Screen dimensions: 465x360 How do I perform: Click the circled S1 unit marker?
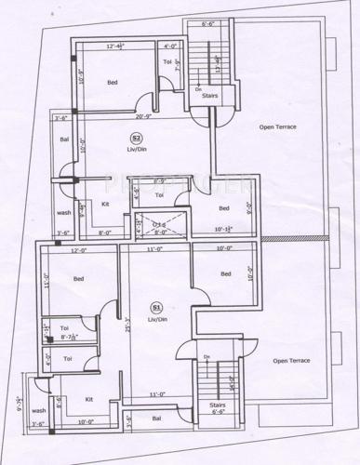(156, 307)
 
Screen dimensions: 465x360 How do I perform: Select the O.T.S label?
(160, 224)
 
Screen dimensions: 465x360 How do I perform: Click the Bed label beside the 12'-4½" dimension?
(113, 83)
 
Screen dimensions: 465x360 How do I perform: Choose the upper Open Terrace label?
(278, 126)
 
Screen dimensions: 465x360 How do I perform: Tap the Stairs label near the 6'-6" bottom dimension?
(217, 405)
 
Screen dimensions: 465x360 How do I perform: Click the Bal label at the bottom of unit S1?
(155, 418)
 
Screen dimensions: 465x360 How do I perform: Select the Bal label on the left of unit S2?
(64, 139)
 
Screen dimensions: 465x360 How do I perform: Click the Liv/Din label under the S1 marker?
(156, 319)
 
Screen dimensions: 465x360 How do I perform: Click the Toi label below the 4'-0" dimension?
(168, 63)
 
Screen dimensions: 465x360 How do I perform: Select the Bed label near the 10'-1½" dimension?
(224, 207)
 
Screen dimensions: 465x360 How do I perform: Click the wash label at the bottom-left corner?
(39, 410)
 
